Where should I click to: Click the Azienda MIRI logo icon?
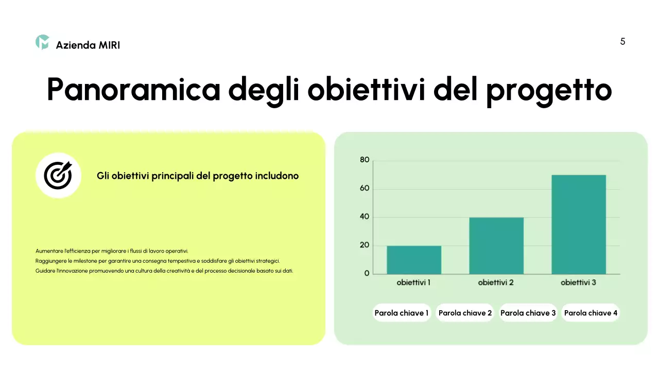pos(42,43)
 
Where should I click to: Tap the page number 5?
pos(622,42)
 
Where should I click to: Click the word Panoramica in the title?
pos(133,90)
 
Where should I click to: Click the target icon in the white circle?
pos(58,175)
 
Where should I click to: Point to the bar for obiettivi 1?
pos(414,260)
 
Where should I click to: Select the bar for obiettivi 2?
pos(496,246)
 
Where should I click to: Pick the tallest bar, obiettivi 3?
pos(579,225)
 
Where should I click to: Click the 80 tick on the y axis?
pos(365,160)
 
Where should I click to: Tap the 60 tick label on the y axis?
pos(365,189)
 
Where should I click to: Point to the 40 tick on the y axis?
pos(365,217)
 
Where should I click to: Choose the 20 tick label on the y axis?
pos(365,245)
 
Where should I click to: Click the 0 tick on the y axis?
pos(367,274)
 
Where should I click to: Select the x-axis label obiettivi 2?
pos(496,282)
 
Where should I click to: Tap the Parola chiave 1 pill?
pos(402,313)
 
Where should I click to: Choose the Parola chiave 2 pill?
pos(465,313)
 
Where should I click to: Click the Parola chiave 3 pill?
pos(528,313)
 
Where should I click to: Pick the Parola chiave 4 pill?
pos(591,313)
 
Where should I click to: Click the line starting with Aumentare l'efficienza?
pos(112,251)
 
